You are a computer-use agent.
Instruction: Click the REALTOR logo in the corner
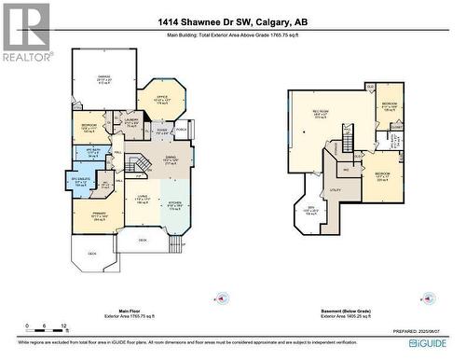coord(26,33)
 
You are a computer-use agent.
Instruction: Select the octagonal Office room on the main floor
coord(161,98)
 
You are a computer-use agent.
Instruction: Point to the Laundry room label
coord(131,122)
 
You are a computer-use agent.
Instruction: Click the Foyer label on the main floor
coord(161,132)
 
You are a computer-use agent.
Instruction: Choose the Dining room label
coord(170,161)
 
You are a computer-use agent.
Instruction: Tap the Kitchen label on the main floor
coord(174,204)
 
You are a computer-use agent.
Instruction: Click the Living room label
coord(143,200)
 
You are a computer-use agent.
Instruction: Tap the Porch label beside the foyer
coord(182,131)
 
